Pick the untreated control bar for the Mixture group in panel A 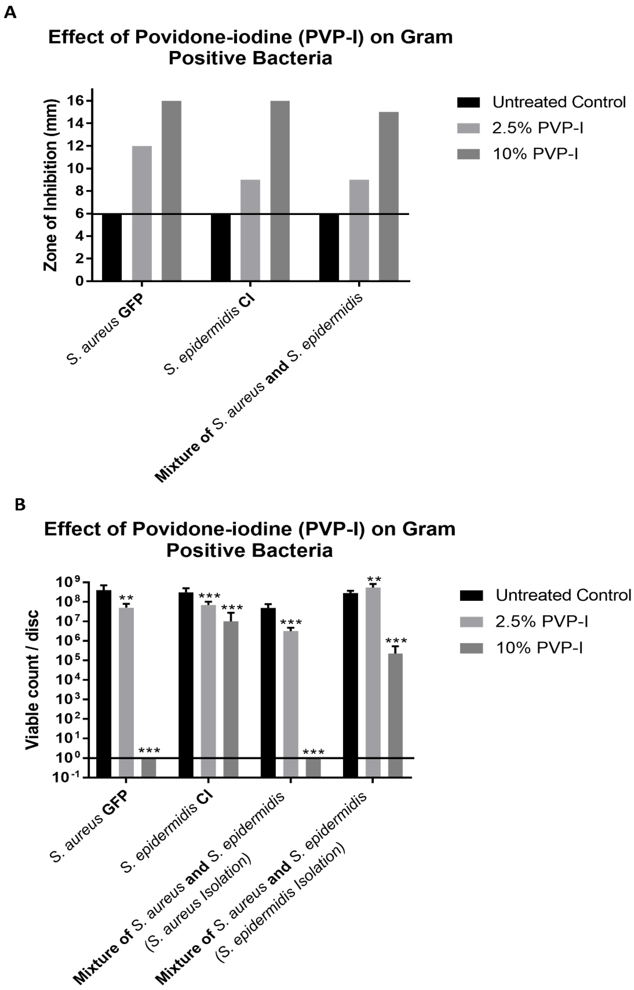point(329,247)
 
